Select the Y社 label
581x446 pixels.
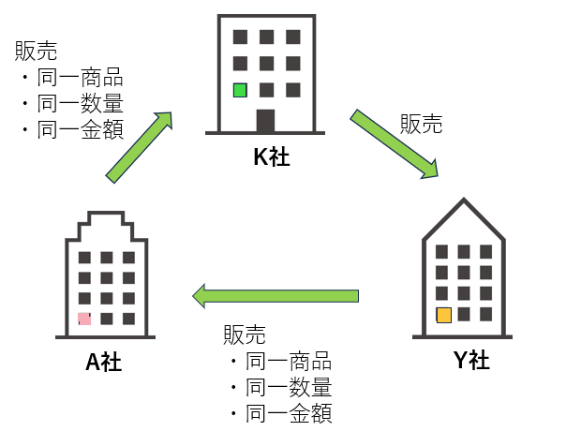pos(466,360)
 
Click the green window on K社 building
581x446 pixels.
pos(240,91)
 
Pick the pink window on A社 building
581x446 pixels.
pos(84,319)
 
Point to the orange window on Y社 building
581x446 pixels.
pos(443,316)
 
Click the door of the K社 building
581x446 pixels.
pos(266,122)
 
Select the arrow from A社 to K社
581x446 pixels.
pos(141,147)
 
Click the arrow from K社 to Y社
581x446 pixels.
pos(395,143)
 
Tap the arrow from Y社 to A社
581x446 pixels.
pos(276,296)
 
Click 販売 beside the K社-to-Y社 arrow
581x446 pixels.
pos(421,123)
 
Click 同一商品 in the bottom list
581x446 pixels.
pos(289,362)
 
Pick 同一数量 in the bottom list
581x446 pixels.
pos(289,387)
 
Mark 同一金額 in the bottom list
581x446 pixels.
pos(289,413)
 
